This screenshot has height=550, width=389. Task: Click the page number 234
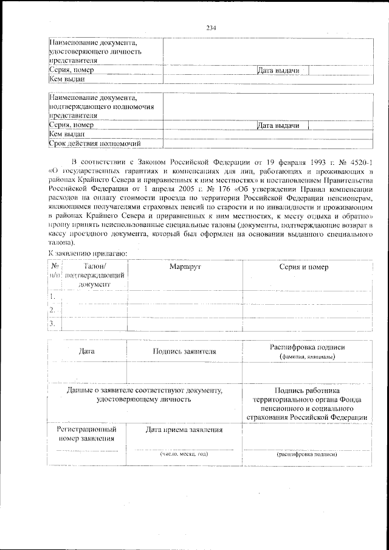[x=212, y=28]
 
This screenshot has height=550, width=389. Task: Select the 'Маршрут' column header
[x=185, y=267]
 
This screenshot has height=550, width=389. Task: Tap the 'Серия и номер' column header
[x=303, y=267]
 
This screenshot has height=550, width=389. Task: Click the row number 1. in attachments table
[x=54, y=296]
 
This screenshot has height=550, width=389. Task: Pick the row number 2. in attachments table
[x=54, y=310]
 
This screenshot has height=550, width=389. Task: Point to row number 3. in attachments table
[x=54, y=324]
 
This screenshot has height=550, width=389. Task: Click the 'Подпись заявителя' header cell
[x=185, y=351]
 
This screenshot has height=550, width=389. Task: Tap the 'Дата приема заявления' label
[x=184, y=430]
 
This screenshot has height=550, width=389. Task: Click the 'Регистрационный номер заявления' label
[x=87, y=434]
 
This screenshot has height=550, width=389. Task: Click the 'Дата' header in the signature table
[x=87, y=351]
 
